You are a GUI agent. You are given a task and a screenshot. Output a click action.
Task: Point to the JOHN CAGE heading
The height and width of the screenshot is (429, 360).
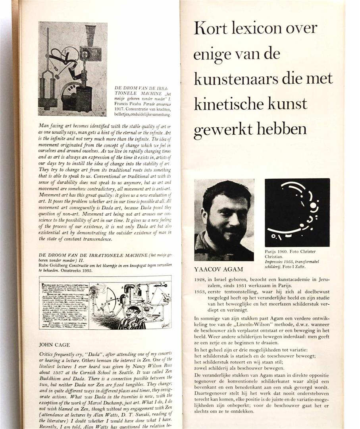tap(54, 344)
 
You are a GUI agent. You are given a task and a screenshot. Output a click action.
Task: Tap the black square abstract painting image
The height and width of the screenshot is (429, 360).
tap(297, 213)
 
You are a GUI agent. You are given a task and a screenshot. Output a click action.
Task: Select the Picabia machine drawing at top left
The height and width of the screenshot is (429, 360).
tap(72, 69)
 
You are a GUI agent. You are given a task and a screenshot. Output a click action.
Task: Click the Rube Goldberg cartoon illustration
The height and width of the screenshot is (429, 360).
tap(105, 302)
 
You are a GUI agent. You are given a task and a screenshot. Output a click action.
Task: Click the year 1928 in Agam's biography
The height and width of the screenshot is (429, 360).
tap(200, 279)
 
